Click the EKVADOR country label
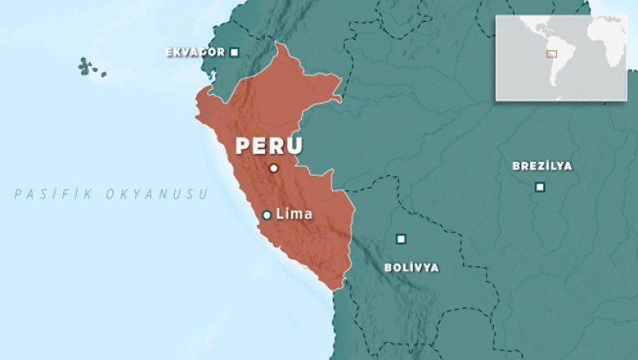195,52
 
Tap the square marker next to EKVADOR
235,52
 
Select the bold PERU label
269,146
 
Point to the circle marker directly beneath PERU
274,169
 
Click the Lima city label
294,214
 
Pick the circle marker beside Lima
267,215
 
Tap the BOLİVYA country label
411,268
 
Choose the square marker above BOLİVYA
401,239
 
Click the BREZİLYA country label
542,166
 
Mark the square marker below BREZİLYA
540,187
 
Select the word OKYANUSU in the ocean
156,195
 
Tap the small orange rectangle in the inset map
551,54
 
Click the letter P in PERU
243,146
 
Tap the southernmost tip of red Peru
337,288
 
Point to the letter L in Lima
281,214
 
